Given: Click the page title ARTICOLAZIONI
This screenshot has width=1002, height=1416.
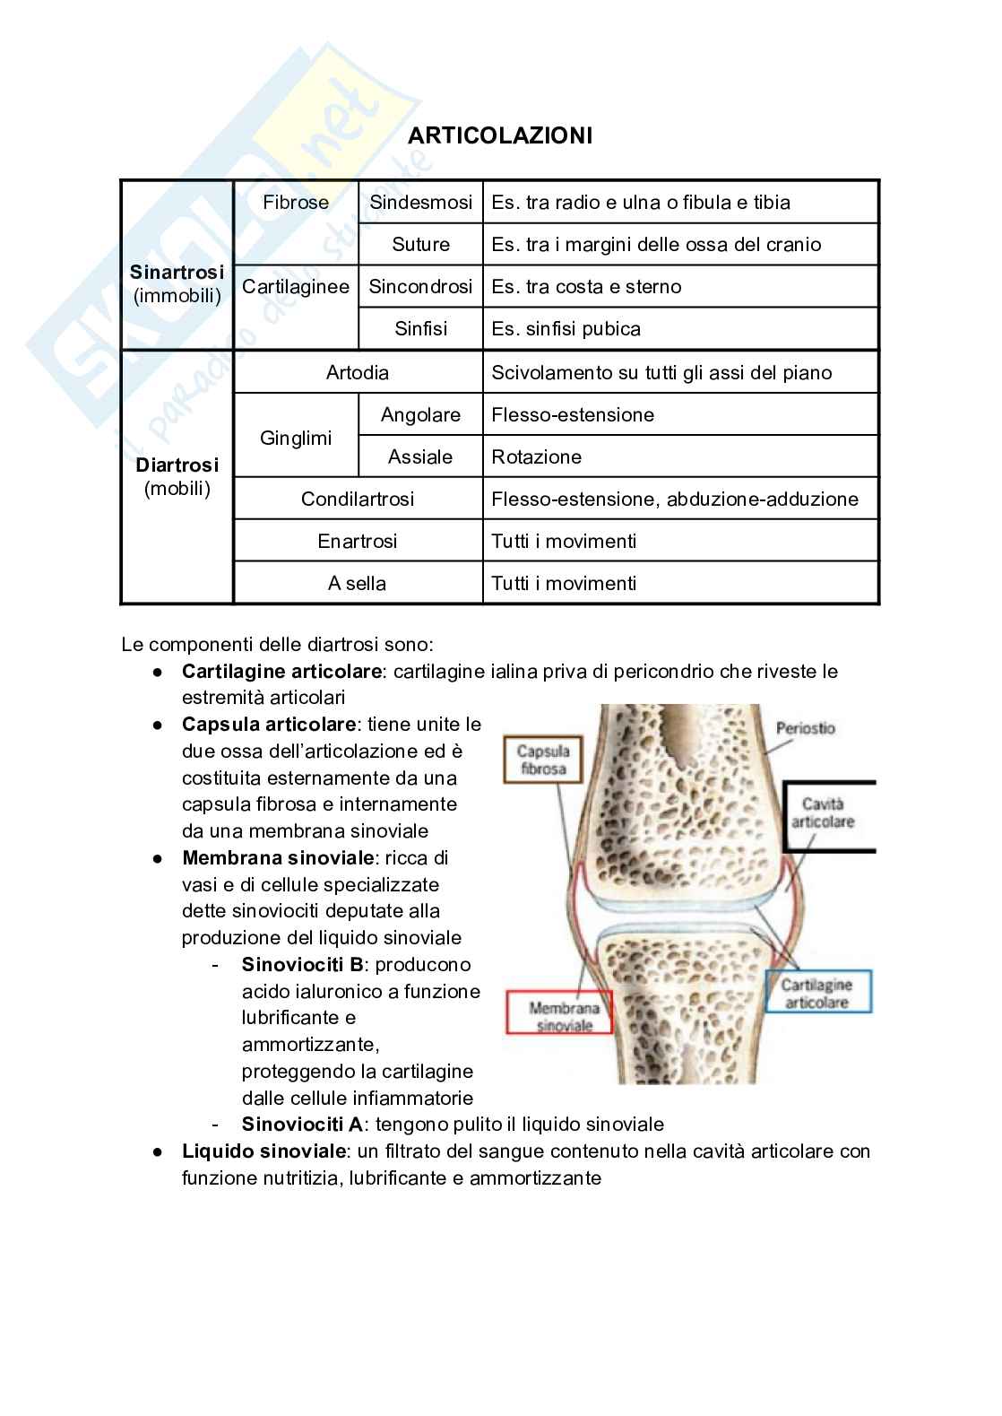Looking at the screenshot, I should pos(500,136).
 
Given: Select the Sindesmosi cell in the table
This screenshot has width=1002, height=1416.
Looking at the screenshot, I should pos(420,203).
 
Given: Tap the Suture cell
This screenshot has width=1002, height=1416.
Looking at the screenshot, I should pos(420,245).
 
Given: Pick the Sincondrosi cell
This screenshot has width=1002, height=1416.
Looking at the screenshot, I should pos(420,287).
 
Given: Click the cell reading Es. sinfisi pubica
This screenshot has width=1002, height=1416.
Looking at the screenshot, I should pos(566,329).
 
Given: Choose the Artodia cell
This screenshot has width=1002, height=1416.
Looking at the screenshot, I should pos(358,373).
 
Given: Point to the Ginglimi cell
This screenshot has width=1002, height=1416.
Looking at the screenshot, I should pos(296,439).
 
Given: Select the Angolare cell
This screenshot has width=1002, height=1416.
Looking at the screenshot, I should pos(420,415).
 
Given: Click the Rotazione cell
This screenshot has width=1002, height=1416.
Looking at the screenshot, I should pos(537,457).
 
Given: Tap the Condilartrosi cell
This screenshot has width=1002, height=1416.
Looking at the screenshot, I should pos(358,500).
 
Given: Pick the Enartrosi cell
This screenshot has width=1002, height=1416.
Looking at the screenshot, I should pos(358,542).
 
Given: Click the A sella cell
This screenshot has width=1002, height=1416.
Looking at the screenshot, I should pos(358,584).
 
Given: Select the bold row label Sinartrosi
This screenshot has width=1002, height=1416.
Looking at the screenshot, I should pos(177,273).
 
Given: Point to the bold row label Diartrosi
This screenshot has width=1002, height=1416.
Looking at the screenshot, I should pos(177,465).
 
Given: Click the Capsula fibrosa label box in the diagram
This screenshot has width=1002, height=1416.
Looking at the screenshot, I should pos(543,760).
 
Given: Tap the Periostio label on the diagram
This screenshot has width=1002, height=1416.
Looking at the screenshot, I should pos(805,728).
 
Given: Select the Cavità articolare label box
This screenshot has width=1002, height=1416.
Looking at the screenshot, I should pos(828,813).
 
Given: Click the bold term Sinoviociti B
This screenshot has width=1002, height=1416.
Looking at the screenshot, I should pos(302,965).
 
